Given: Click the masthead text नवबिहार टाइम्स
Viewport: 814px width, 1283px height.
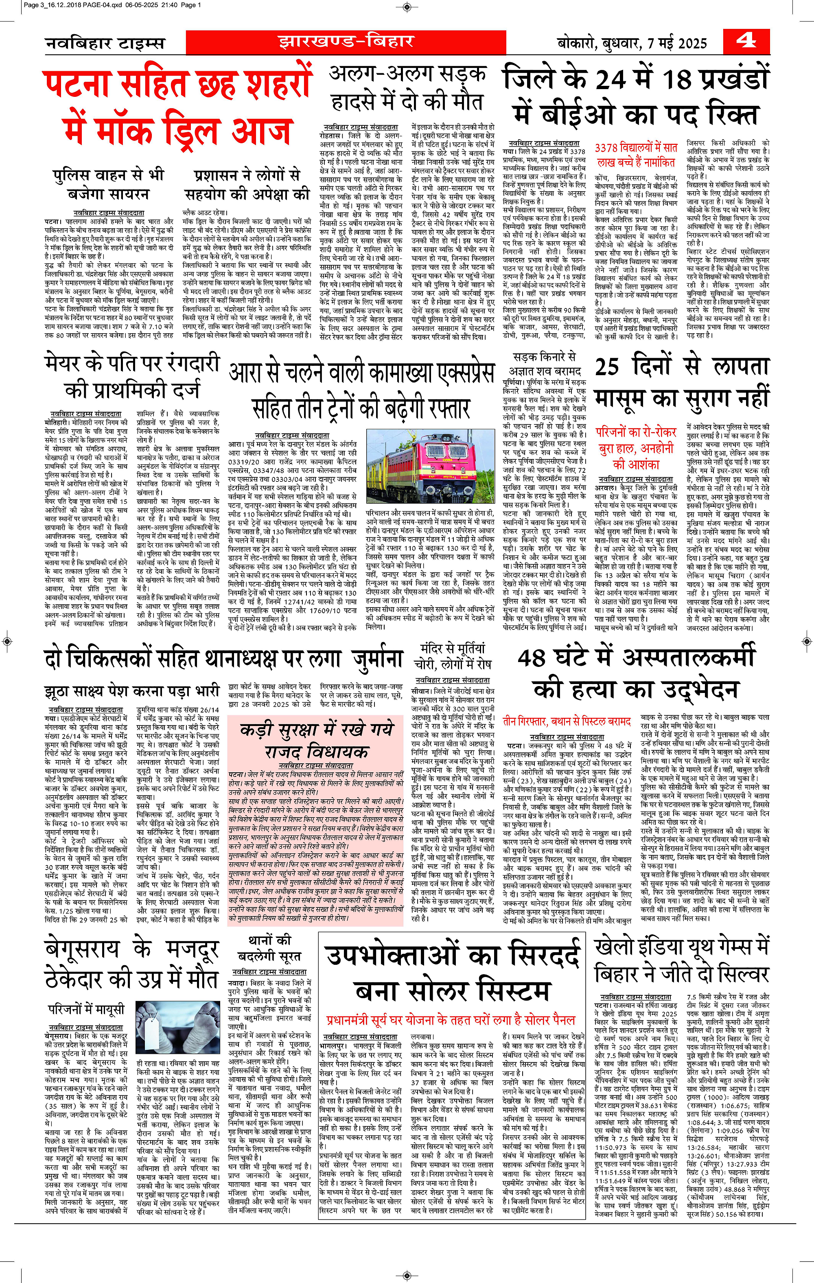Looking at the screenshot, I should coord(105,43).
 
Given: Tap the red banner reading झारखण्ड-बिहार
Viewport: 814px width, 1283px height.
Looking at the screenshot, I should coord(346,42).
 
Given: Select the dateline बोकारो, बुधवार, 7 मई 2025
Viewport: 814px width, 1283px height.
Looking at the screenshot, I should coord(632,43).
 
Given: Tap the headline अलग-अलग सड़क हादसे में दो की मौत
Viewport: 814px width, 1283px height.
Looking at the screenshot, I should coord(407,87).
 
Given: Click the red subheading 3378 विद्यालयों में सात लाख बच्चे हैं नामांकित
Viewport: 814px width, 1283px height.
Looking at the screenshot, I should coord(636,155).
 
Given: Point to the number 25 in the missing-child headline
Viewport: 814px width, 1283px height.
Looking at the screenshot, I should coord(607,367).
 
